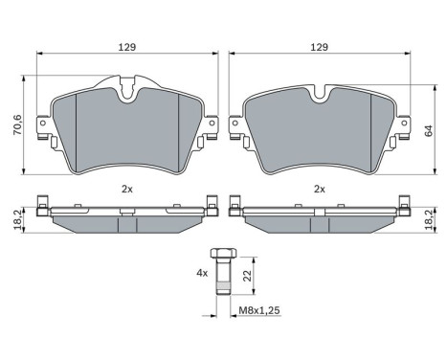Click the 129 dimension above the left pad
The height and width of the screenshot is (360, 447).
(124, 46)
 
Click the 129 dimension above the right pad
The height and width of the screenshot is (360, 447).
(321, 46)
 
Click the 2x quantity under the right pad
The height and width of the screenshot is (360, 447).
(321, 189)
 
